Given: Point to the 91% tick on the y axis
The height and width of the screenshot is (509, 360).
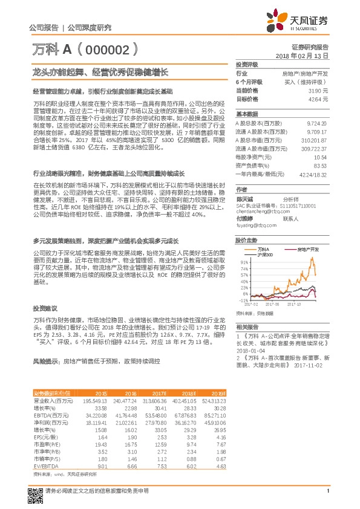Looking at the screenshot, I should click(243, 262).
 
